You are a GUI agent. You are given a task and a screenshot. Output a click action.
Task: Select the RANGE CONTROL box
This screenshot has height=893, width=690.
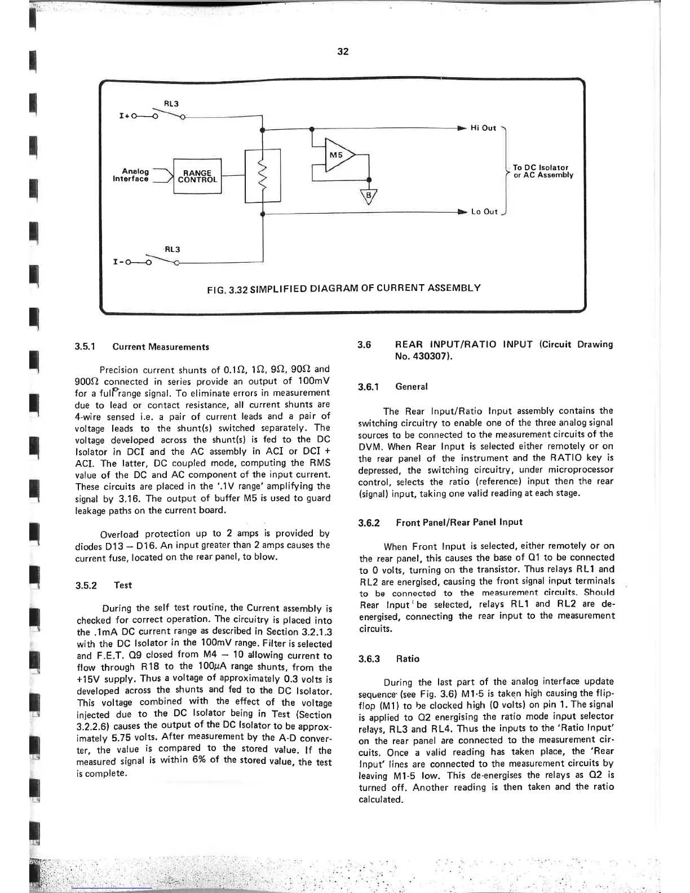(x=197, y=176)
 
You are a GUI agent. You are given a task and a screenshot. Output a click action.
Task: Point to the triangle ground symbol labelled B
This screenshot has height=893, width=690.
(x=369, y=196)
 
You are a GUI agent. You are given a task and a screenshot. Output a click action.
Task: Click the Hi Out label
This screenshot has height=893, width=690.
(x=483, y=128)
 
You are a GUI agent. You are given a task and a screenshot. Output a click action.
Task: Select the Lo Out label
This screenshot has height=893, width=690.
(x=484, y=212)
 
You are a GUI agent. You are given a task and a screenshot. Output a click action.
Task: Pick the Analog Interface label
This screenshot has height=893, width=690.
(x=135, y=175)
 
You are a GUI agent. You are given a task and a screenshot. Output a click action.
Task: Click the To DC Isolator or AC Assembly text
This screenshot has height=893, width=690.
(x=542, y=171)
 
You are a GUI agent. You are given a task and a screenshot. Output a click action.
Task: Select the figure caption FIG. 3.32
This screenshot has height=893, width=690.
(x=343, y=288)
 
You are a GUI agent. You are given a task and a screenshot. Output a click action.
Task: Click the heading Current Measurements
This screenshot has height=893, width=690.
(x=161, y=347)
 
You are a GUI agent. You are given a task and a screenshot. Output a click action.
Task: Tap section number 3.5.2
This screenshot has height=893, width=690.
(x=87, y=585)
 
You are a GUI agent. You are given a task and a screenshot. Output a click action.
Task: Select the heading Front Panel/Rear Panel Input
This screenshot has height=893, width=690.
(x=451, y=522)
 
